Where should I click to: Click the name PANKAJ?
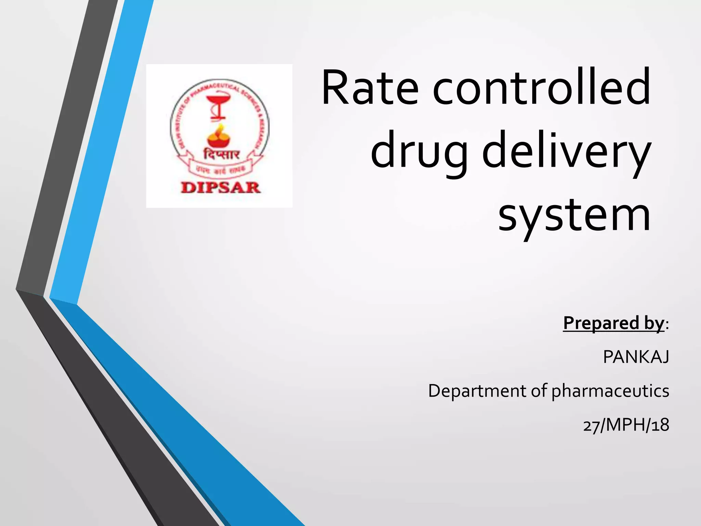coord(636,357)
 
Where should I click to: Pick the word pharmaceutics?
coord(610,391)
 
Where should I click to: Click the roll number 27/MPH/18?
coord(626,425)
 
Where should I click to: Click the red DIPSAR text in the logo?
coord(220,188)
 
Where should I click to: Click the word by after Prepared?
coord(653,323)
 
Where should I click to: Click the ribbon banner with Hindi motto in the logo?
coord(221,168)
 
